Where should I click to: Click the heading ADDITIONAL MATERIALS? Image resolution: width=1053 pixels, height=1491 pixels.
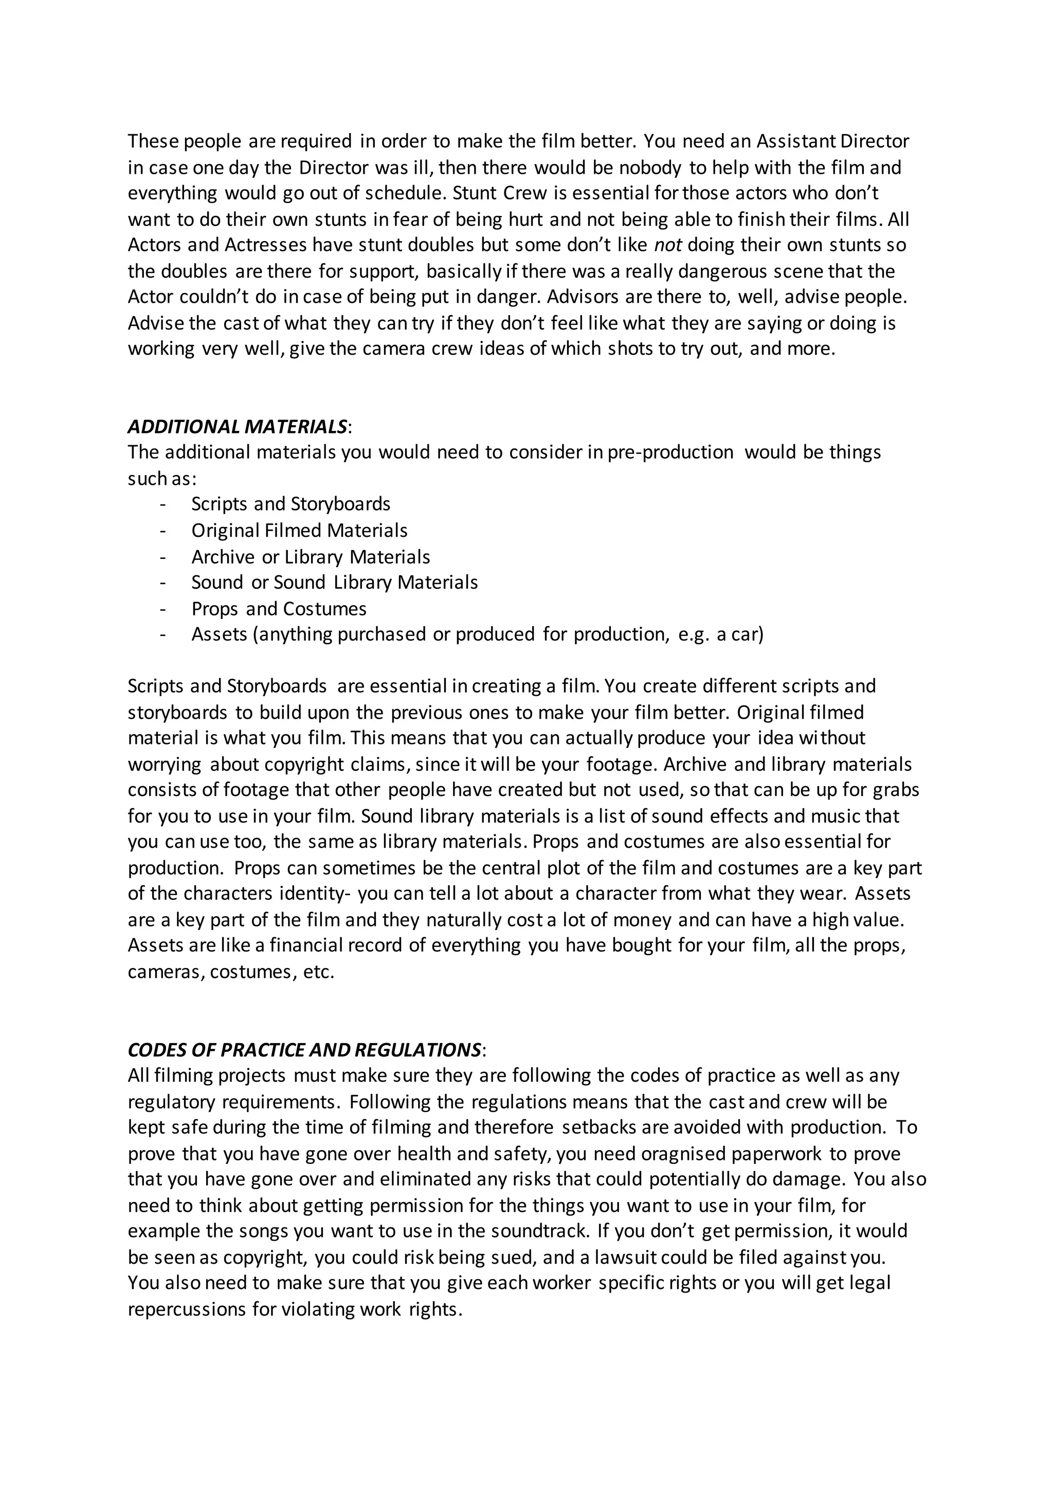(238, 427)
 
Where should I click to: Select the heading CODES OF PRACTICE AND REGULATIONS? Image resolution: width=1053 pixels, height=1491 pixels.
(304, 1050)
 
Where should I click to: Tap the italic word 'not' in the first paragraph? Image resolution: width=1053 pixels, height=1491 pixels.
(668, 245)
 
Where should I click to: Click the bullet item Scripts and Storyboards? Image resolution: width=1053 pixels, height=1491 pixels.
(291, 504)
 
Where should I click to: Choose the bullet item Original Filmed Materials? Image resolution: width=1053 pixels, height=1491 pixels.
(299, 531)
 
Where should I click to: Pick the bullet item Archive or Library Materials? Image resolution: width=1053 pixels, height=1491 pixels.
(311, 557)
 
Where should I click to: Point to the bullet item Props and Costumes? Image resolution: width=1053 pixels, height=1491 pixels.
(279, 609)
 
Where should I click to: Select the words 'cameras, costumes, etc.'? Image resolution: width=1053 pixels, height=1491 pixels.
(231, 972)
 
